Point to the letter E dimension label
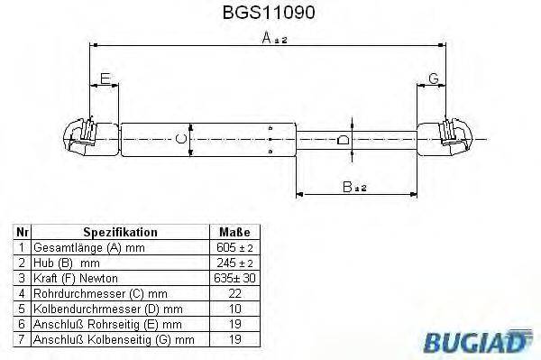pyautogui.click(x=105, y=79)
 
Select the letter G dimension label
pyautogui.click(x=433, y=79)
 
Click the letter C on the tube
pyautogui.click(x=181, y=138)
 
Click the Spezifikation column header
pyautogui.click(x=120, y=232)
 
